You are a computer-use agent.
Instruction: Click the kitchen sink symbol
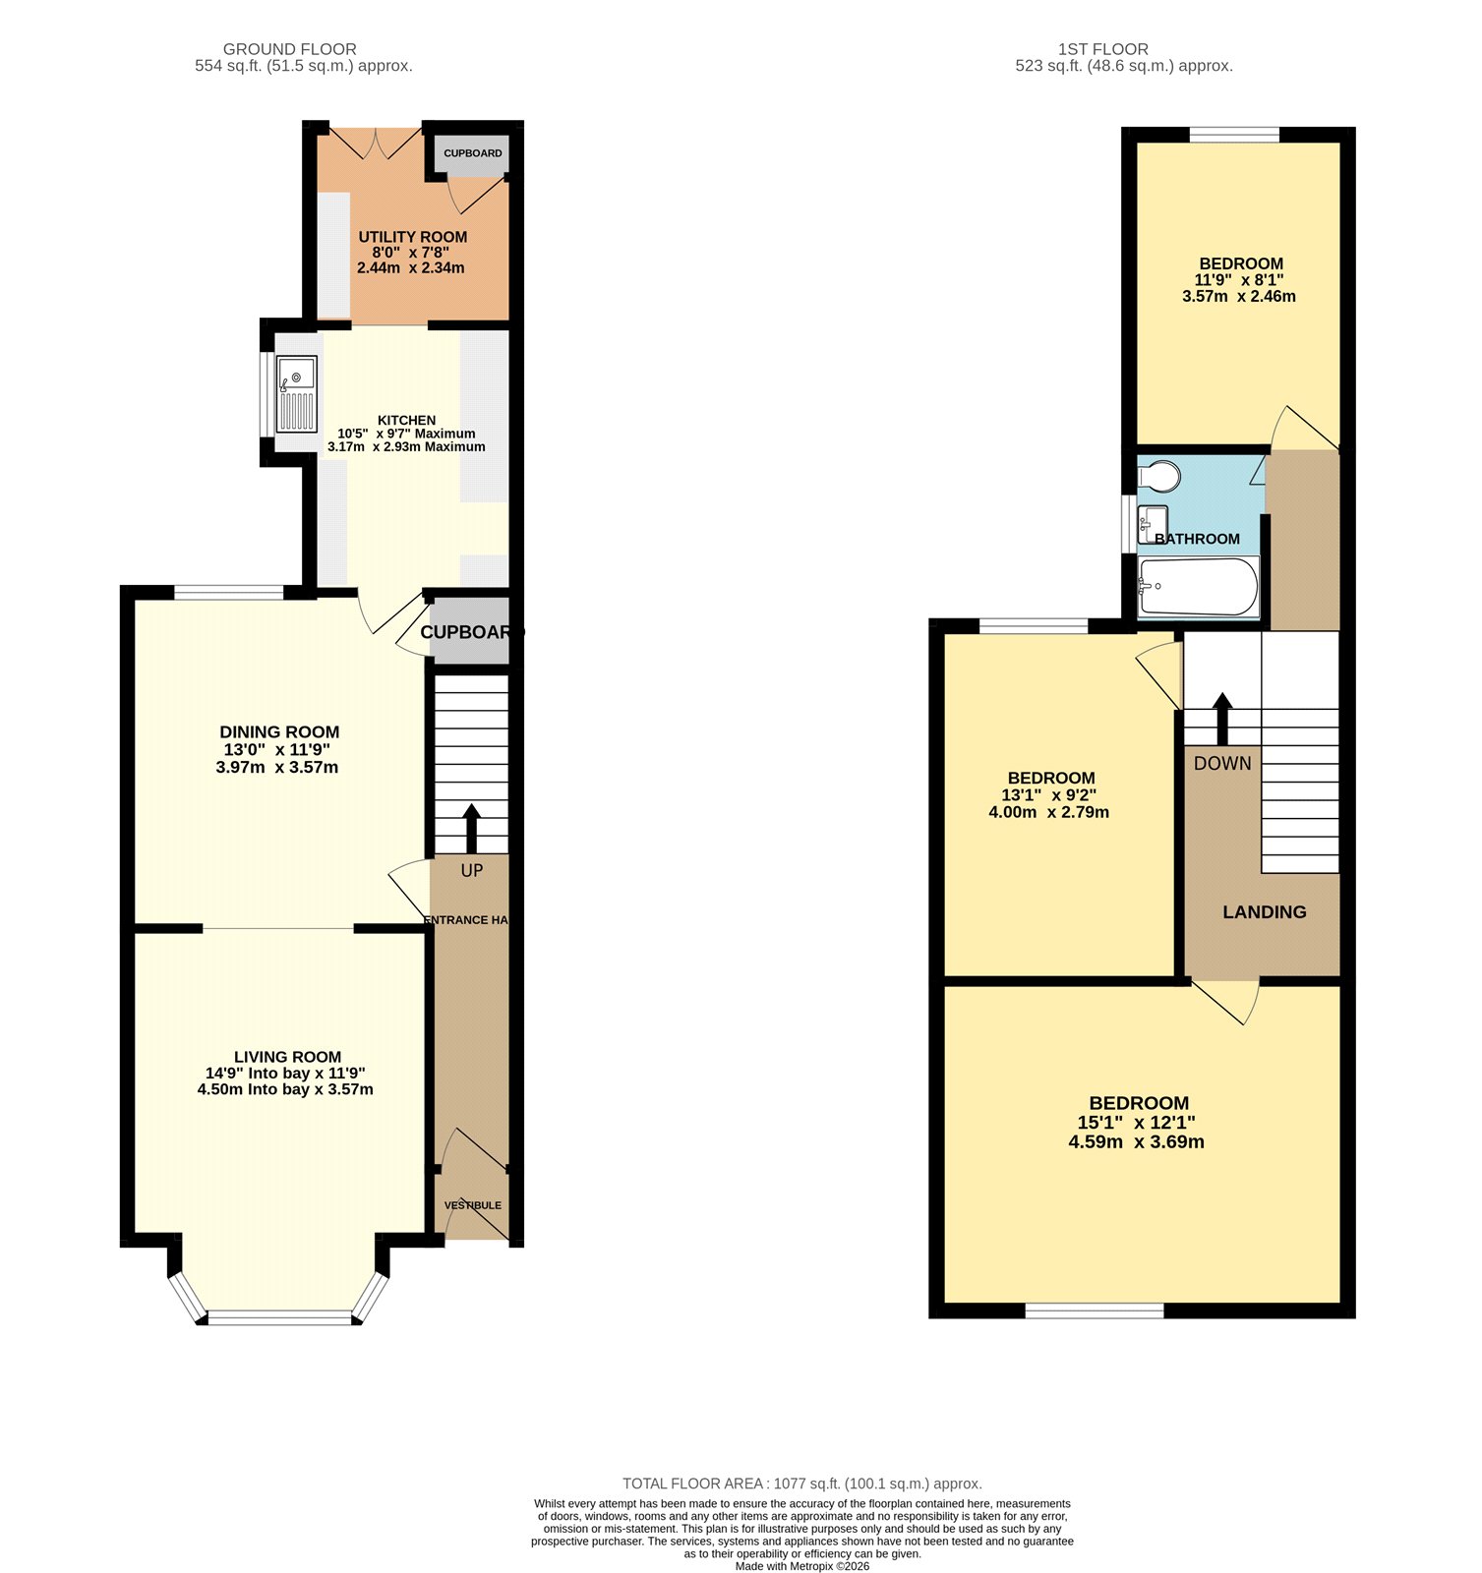(x=297, y=393)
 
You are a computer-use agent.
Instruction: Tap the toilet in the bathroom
(x=1159, y=477)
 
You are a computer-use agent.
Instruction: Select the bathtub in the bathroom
(x=1198, y=587)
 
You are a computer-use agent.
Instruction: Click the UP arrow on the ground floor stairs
(x=471, y=828)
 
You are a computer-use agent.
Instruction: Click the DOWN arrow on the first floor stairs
(x=1222, y=719)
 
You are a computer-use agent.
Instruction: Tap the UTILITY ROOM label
(x=412, y=237)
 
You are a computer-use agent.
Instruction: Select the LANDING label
(x=1264, y=912)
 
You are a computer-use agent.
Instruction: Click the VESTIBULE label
(x=472, y=1205)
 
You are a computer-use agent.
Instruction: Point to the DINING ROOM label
(x=279, y=732)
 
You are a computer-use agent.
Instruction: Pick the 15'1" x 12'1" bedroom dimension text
(x=1136, y=1123)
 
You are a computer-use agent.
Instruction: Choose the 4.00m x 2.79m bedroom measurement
(x=1048, y=813)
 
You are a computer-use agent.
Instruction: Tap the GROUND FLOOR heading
(x=289, y=49)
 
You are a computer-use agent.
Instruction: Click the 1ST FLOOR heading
(x=1102, y=49)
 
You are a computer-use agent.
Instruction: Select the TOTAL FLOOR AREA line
(x=801, y=1484)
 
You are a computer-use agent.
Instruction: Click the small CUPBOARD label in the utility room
(x=473, y=153)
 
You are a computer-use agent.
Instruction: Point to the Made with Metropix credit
(x=801, y=1566)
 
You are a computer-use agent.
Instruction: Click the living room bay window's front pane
(x=279, y=1317)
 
